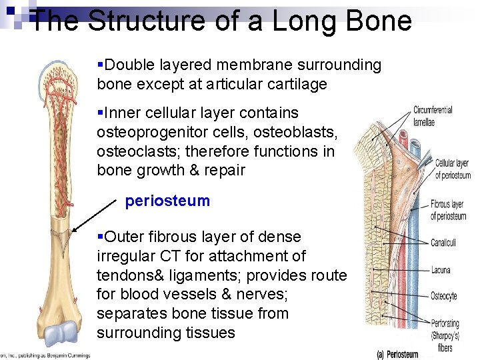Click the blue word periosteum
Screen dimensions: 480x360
[x=167, y=201]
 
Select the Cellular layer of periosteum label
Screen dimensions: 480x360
[x=452, y=169]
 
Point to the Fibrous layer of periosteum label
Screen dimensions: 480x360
[x=447, y=211]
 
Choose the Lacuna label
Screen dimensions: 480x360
[x=441, y=270]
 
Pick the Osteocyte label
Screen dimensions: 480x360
[x=444, y=296]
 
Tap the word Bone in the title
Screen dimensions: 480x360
[x=377, y=21]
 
